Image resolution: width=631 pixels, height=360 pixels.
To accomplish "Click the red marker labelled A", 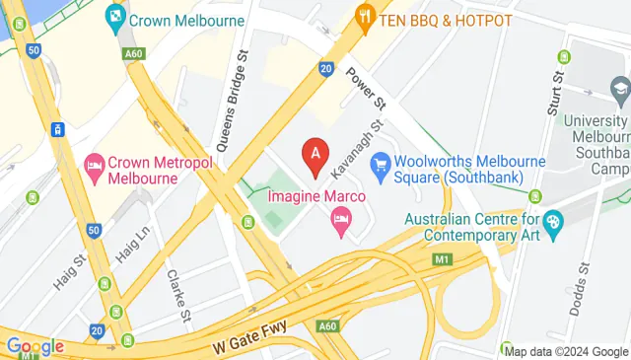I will coord(315,155).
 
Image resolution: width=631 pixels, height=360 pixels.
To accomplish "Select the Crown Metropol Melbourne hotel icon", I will coord(95,163).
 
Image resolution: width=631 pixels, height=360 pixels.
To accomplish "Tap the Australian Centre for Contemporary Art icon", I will coord(552,223).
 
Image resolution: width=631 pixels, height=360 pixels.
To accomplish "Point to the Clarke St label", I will coord(177,296).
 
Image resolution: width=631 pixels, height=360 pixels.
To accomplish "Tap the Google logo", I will coord(35,346).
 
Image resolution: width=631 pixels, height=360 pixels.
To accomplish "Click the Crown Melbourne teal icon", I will coord(116,17).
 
